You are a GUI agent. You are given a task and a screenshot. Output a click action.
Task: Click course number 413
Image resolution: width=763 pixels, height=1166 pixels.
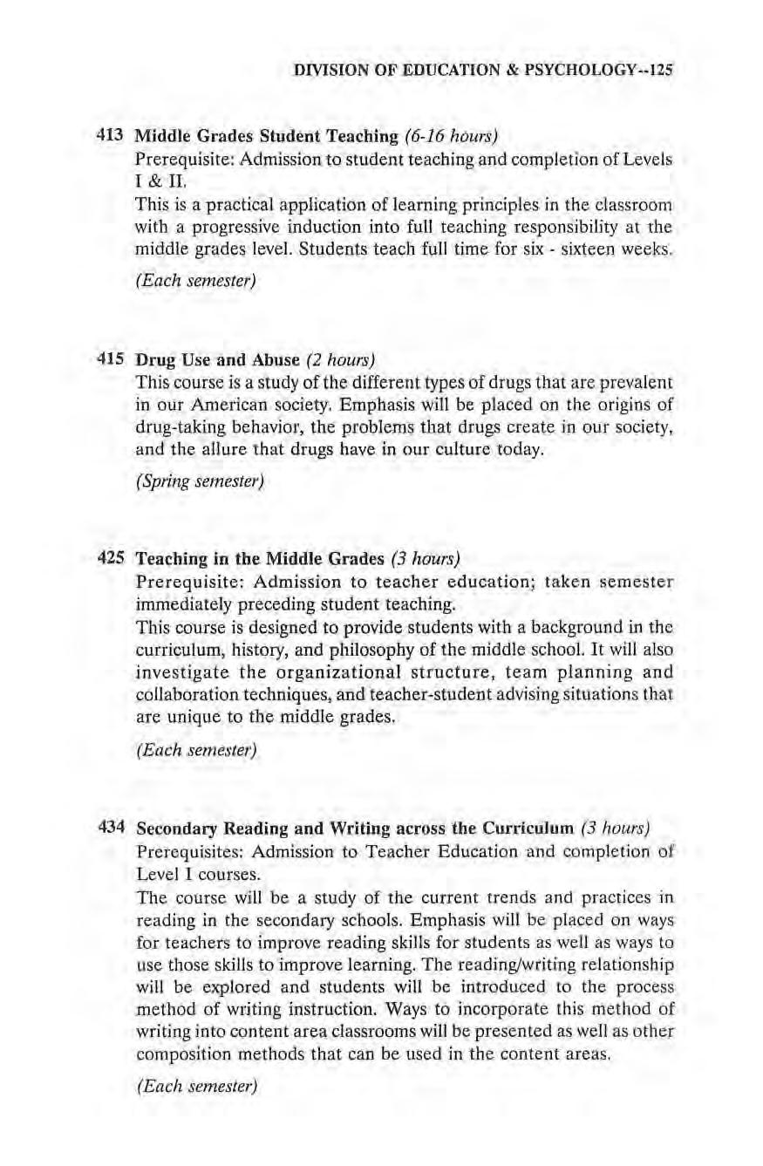(109, 135)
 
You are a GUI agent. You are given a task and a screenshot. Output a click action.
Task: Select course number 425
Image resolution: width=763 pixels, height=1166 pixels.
(109, 556)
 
